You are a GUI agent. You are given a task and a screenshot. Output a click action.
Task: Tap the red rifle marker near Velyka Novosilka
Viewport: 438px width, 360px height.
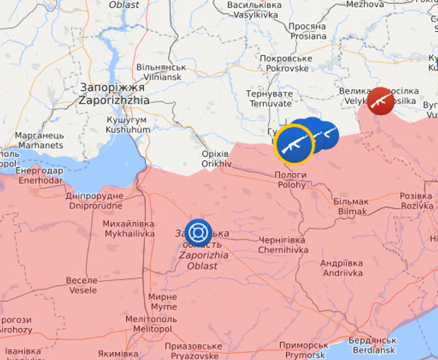pyautogui.click(x=381, y=101)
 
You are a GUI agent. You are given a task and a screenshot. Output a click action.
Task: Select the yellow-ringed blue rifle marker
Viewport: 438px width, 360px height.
pyautogui.click(x=294, y=144)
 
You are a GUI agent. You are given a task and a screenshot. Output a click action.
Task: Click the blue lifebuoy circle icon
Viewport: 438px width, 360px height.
pyautogui.click(x=198, y=232)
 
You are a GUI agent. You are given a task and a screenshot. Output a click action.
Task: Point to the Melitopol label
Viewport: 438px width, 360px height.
pyautogui.click(x=148, y=324)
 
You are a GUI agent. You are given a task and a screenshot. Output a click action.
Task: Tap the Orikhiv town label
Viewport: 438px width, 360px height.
pyautogui.click(x=216, y=158)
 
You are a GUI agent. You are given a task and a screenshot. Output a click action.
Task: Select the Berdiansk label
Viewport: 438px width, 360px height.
pyautogui.click(x=372, y=345)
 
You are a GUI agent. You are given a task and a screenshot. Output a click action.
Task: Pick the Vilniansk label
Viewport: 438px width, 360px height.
pyautogui.click(x=160, y=72)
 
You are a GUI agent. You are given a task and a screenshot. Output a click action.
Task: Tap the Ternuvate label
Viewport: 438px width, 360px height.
pyautogui.click(x=270, y=99)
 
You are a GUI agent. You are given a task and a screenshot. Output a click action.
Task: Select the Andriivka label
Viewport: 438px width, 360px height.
pyautogui.click(x=342, y=268)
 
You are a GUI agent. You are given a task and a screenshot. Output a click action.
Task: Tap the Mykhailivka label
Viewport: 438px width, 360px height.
pyautogui.click(x=128, y=229)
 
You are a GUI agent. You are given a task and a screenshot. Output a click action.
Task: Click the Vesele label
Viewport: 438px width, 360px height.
pyautogui.click(x=82, y=285)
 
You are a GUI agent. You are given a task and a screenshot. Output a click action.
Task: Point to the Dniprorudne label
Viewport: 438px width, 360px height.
pyautogui.click(x=95, y=201)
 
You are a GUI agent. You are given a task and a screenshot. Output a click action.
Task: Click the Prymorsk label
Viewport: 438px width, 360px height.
pyautogui.click(x=304, y=350)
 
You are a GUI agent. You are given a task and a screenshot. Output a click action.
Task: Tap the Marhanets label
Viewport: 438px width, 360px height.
pyautogui.click(x=40, y=140)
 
